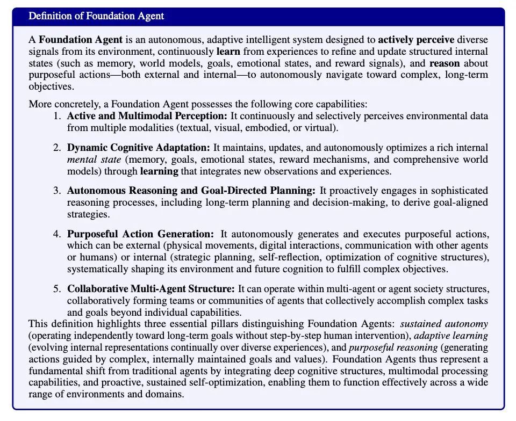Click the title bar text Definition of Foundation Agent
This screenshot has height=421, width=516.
[x=96, y=16]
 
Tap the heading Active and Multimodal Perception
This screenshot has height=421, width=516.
[x=148, y=116]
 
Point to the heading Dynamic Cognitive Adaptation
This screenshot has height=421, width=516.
[x=139, y=147]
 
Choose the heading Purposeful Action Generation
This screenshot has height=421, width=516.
[x=140, y=234]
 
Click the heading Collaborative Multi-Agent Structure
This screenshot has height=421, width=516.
[x=151, y=289]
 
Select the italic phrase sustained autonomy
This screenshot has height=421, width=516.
[x=444, y=323]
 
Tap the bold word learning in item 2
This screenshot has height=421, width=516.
[x=159, y=172]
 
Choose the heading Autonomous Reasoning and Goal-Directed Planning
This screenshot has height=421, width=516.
[x=191, y=191]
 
